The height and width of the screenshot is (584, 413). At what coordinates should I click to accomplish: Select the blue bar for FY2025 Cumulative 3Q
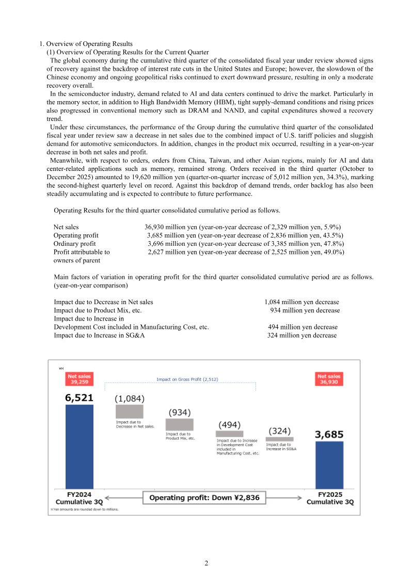click(329, 463)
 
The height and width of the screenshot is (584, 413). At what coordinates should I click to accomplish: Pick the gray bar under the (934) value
click(179, 424)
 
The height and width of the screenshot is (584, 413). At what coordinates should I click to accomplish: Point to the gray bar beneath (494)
click(229, 434)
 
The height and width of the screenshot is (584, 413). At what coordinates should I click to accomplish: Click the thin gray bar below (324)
click(279, 439)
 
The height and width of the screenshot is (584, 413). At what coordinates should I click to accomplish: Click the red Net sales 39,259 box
click(79, 380)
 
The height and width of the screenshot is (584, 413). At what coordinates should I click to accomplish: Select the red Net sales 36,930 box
click(329, 380)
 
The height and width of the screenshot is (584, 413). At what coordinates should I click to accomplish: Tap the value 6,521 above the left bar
click(79, 398)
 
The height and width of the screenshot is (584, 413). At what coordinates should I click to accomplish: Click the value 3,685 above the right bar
click(329, 435)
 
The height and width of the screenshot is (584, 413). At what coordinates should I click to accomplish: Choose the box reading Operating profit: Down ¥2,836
click(204, 498)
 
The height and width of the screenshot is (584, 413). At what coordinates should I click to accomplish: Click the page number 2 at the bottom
click(206, 563)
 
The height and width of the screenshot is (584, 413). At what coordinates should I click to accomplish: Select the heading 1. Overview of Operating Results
click(86, 44)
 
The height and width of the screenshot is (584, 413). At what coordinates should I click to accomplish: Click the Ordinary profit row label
click(74, 244)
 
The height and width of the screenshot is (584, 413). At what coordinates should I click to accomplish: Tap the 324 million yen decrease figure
click(301, 335)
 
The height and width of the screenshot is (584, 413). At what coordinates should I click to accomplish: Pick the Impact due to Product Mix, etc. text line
click(98, 310)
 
